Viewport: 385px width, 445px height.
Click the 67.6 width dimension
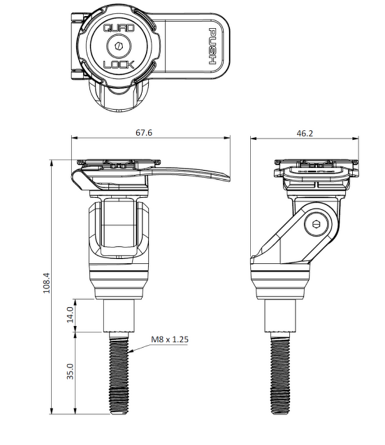pyautogui.click(x=144, y=132)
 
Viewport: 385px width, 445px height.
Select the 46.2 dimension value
pyautogui.click(x=304, y=133)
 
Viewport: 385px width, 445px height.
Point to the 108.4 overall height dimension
pyautogui.click(x=47, y=282)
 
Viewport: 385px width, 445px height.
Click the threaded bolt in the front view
pyautogui.click(x=118, y=374)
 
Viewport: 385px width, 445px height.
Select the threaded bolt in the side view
pyautogui.click(x=281, y=374)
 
